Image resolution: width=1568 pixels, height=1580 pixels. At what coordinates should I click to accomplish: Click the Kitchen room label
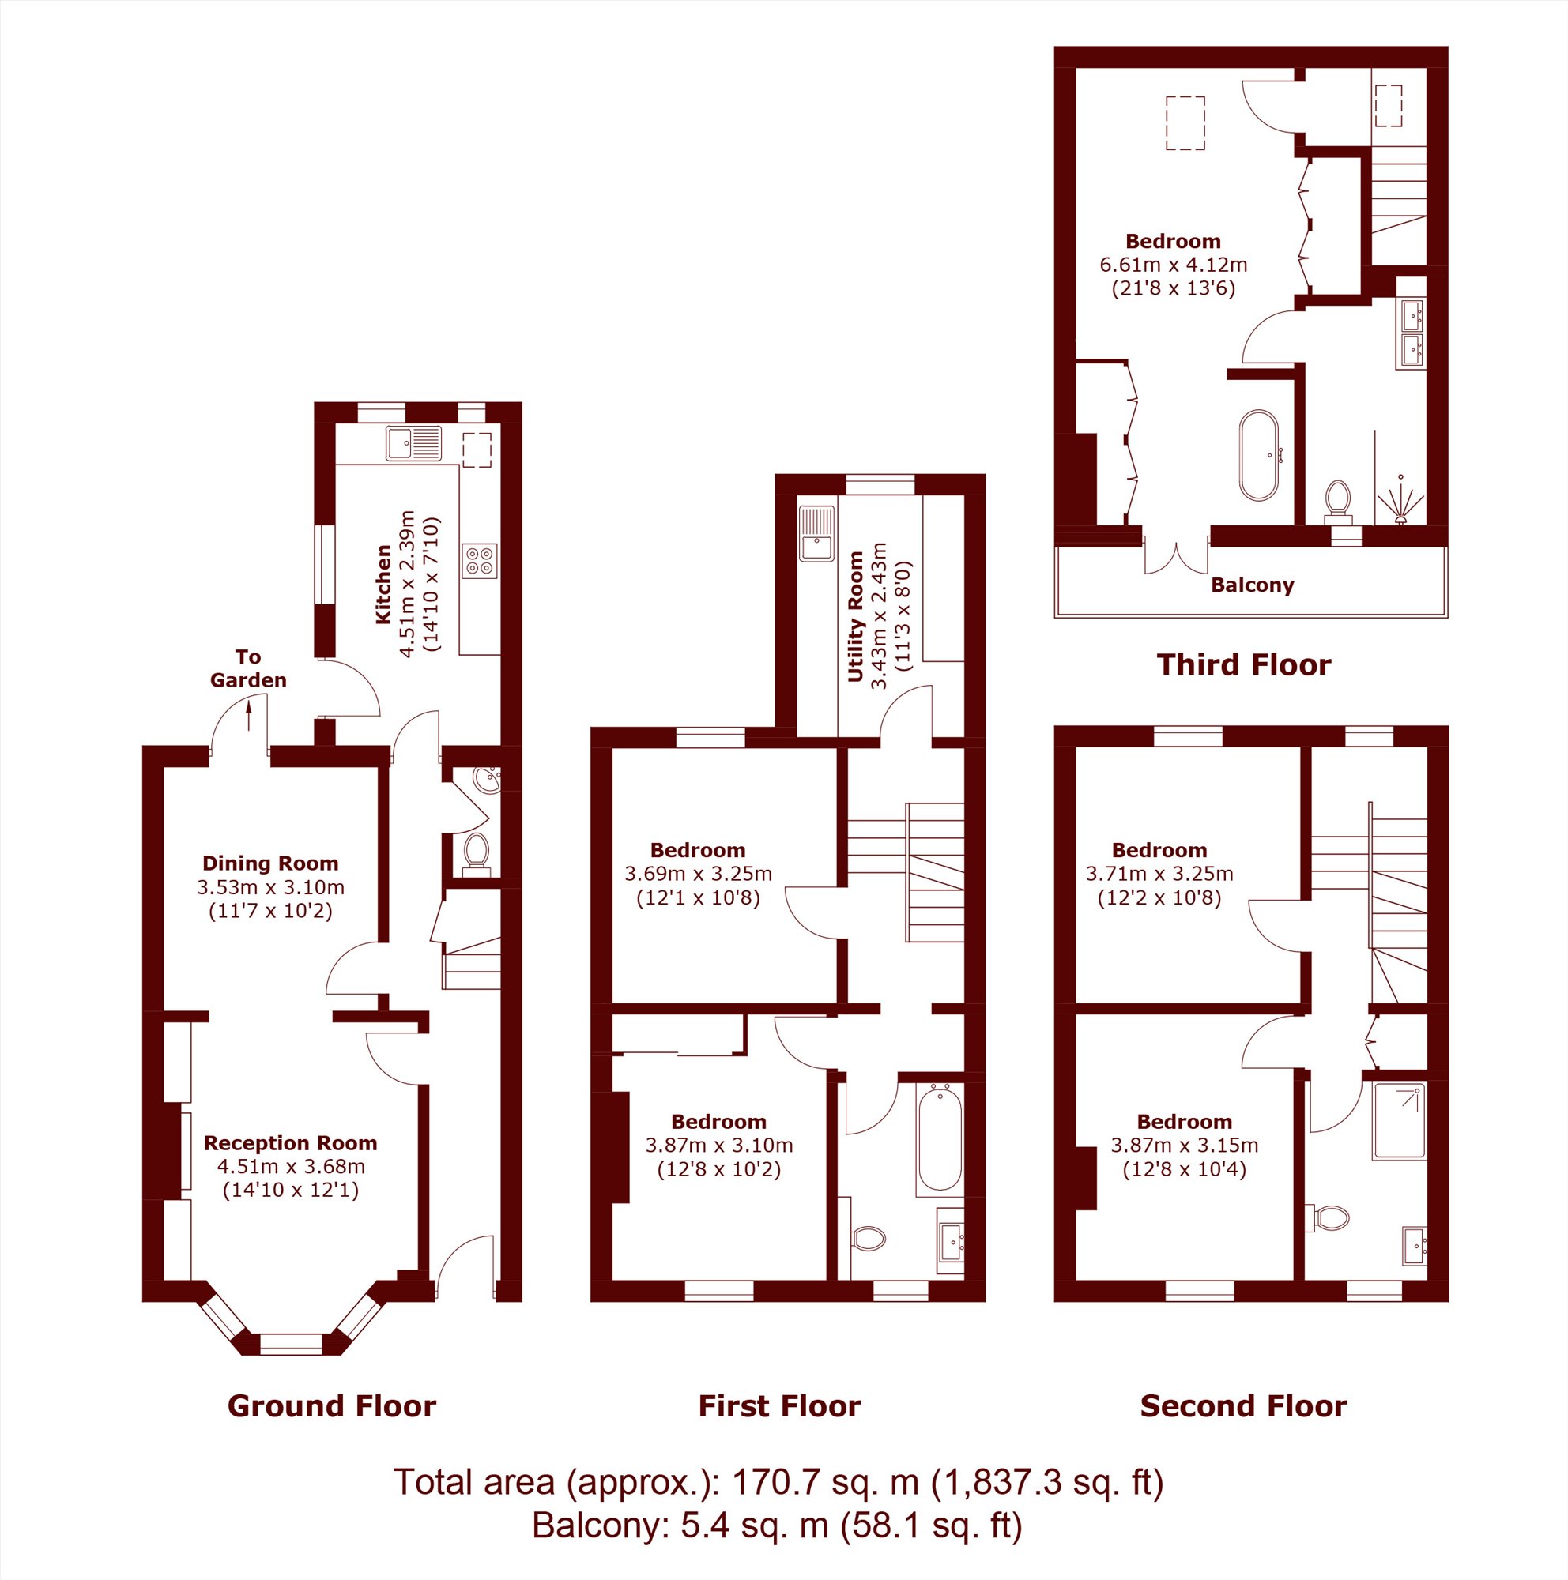coord(383,585)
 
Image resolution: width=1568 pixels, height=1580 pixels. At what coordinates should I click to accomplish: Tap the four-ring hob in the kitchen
coord(479,561)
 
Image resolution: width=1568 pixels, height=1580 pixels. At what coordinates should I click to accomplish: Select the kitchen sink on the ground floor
coord(414,443)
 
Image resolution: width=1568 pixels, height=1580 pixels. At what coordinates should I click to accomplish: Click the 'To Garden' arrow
coord(249,717)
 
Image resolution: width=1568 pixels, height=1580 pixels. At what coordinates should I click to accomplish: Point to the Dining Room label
coord(271,863)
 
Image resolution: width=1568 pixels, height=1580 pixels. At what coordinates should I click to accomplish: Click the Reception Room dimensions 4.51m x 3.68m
coord(291,1166)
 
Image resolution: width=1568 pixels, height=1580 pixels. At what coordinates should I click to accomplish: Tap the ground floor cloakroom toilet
coord(475,850)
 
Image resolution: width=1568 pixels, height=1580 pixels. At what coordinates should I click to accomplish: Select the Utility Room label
coord(857,616)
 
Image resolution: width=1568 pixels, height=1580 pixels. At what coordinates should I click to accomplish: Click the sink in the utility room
coord(817,533)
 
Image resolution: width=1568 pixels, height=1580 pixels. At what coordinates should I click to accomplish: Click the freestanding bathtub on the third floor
coord(1259,455)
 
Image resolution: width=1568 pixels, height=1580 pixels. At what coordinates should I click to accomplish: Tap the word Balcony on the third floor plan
coord(1253,585)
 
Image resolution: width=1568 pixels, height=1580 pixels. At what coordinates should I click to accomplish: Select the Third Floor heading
coord(1243,664)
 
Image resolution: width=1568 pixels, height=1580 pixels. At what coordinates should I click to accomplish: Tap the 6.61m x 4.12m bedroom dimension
coord(1173,264)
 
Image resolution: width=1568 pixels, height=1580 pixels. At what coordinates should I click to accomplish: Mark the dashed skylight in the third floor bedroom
coord(1185,122)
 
